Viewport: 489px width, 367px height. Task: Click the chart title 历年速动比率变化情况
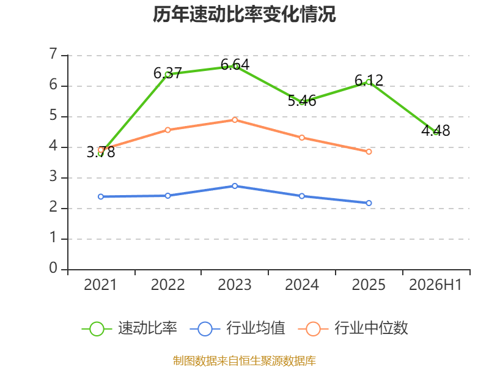(x=244, y=14)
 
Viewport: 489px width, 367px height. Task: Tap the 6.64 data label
(x=235, y=65)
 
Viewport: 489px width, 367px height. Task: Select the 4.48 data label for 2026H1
(x=436, y=130)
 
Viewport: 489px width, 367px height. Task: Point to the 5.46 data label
(x=302, y=101)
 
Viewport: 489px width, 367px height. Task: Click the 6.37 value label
(x=167, y=73)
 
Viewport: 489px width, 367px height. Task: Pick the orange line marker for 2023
(x=235, y=120)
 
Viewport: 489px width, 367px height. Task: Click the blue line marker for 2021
(x=101, y=196)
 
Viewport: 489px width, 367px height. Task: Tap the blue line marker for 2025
(x=369, y=203)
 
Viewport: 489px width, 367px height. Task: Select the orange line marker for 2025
(x=369, y=152)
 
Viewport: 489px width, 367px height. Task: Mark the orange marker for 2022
(x=167, y=130)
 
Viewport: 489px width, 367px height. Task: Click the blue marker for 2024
(x=302, y=196)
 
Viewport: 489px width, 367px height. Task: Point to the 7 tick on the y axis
(x=53, y=54)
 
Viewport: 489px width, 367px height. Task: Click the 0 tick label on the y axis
(x=53, y=268)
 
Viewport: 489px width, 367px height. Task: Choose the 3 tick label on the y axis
(x=53, y=177)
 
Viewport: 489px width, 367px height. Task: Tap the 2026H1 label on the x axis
(x=435, y=285)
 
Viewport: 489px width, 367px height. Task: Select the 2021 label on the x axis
(x=100, y=285)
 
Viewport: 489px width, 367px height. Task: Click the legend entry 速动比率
(x=130, y=328)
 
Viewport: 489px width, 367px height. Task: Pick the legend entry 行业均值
(x=237, y=328)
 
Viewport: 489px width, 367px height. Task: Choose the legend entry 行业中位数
(x=353, y=328)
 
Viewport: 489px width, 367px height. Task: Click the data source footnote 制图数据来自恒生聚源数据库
(x=244, y=361)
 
